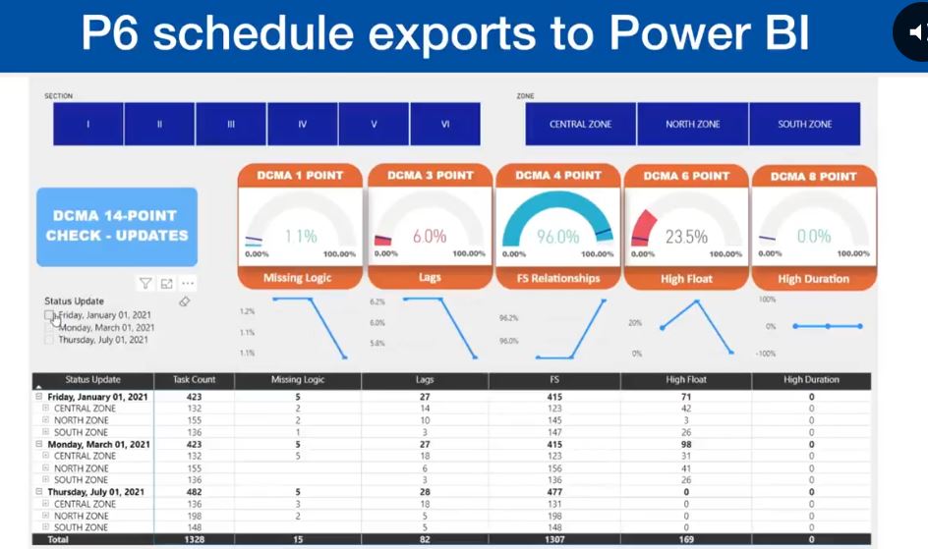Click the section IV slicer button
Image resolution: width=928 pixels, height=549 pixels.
click(303, 125)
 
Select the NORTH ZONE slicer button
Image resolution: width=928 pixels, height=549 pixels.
click(692, 125)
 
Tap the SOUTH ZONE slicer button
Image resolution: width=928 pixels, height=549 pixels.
click(804, 125)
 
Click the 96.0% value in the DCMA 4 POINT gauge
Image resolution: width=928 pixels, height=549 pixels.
click(557, 237)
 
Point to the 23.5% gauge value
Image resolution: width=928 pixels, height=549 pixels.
click(686, 237)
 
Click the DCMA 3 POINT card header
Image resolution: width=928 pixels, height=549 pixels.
click(430, 176)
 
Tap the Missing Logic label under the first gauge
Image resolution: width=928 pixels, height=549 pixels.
click(297, 278)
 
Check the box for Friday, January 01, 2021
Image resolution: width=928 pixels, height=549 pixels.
click(49, 315)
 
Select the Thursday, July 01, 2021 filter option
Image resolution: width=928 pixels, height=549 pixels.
click(102, 340)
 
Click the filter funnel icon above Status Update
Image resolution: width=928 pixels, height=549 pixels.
click(145, 284)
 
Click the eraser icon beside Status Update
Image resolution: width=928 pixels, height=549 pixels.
click(185, 302)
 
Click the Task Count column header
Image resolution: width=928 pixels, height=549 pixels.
click(194, 379)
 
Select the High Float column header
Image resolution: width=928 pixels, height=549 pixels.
click(685, 379)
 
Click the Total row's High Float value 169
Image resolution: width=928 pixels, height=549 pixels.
click(685, 539)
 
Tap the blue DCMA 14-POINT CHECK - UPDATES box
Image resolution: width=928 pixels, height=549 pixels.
click(117, 226)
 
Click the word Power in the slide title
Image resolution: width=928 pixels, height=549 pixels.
click(675, 33)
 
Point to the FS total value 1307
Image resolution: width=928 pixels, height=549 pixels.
click(555, 539)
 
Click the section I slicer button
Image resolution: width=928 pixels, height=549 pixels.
click(88, 125)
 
